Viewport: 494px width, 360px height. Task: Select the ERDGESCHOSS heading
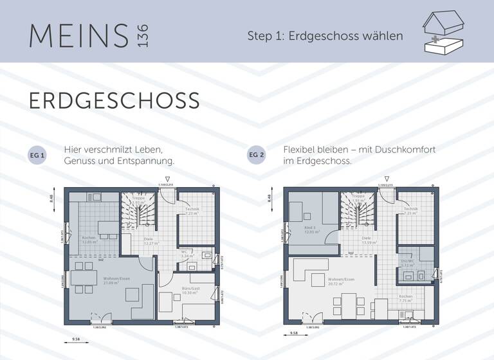(114, 101)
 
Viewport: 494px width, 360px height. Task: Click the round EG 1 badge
(38, 156)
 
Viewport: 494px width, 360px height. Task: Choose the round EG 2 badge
(257, 156)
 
